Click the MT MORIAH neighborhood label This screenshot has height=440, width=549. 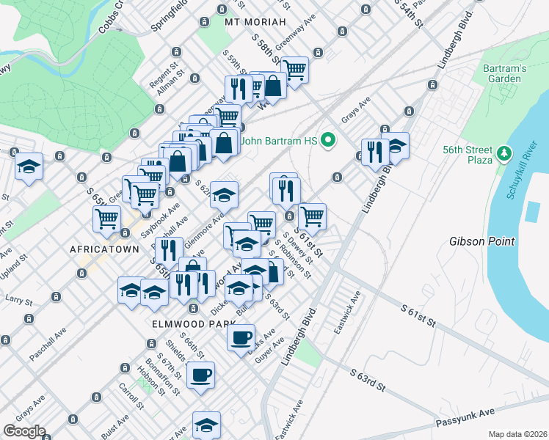(255, 23)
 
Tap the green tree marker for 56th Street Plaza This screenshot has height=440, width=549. (503, 154)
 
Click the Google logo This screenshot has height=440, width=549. (23, 431)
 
